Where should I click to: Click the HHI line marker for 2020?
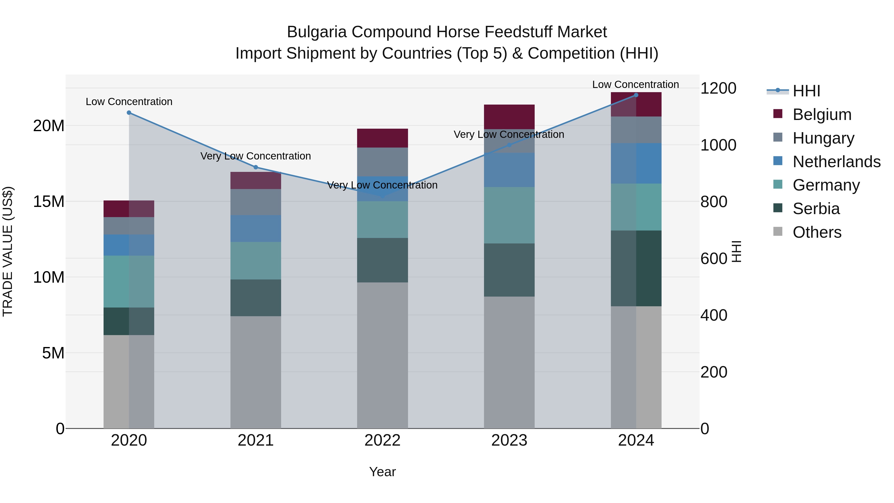(x=129, y=113)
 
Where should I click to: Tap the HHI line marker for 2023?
(x=509, y=145)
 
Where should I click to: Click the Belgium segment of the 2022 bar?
(x=382, y=138)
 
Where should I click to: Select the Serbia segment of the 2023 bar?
(x=509, y=270)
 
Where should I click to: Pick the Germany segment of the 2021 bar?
(x=256, y=261)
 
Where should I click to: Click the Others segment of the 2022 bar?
(x=382, y=355)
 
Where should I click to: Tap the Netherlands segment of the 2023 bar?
(x=509, y=170)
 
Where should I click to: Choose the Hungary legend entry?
(x=823, y=138)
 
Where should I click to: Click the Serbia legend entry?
(x=816, y=209)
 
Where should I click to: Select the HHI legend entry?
(x=806, y=91)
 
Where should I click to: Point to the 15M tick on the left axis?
(x=49, y=201)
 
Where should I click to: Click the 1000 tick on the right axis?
(x=718, y=145)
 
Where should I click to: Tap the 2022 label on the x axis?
(x=382, y=440)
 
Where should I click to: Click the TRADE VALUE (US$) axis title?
(x=8, y=251)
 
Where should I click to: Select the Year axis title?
(x=382, y=472)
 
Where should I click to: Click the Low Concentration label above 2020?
(x=129, y=102)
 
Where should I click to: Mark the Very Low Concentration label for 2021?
(x=256, y=156)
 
